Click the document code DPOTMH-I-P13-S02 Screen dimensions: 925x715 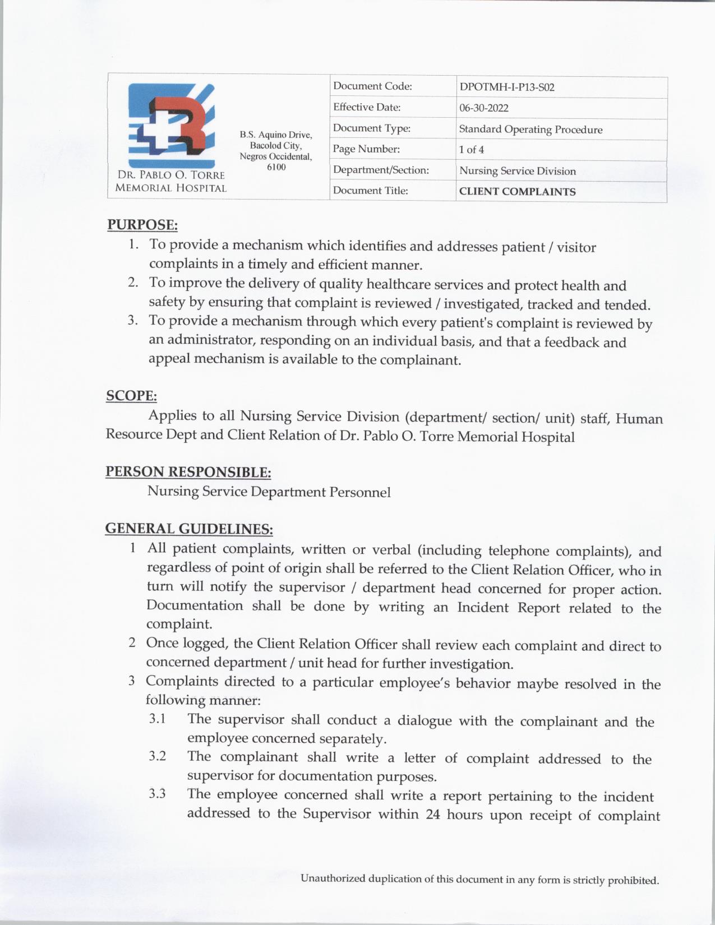pyautogui.click(x=506, y=87)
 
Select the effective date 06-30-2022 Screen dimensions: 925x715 pyautogui.click(x=483, y=108)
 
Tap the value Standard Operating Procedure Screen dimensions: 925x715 pyautogui.click(x=531, y=129)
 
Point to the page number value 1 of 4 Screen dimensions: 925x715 pyautogui.click(x=471, y=150)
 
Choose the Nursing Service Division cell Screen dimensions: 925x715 pyautogui.click(x=517, y=171)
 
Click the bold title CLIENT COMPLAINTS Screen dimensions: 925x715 pyautogui.click(x=517, y=192)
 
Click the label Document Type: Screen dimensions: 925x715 pyautogui.click(x=371, y=128)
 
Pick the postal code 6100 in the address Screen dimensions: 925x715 pyautogui.click(x=276, y=167)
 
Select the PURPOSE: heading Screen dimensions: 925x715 pyautogui.click(x=142, y=225)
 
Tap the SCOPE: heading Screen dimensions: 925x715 pyautogui.click(x=131, y=396)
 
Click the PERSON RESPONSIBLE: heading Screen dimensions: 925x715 pyautogui.click(x=188, y=472)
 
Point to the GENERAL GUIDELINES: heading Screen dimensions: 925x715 pyautogui.click(x=189, y=529)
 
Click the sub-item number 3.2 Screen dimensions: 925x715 pyautogui.click(x=158, y=756)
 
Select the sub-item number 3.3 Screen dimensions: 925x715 pyautogui.click(x=158, y=794)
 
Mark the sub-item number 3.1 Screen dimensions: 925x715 pyautogui.click(x=158, y=719)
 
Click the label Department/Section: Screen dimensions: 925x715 pyautogui.click(x=381, y=170)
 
